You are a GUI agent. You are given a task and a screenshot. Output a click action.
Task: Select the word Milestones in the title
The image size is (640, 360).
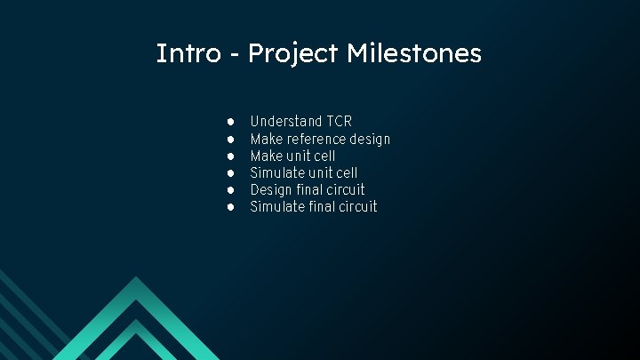[x=414, y=53]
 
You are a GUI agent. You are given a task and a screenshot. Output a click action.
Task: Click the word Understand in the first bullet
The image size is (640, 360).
[x=286, y=121]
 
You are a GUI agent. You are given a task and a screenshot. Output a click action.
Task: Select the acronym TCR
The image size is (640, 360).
[x=340, y=121]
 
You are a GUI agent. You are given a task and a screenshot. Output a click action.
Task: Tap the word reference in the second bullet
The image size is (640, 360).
[x=315, y=139]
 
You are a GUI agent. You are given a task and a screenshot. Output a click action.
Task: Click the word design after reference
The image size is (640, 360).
[x=370, y=139]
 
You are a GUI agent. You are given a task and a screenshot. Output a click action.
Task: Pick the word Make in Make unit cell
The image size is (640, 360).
[x=266, y=156]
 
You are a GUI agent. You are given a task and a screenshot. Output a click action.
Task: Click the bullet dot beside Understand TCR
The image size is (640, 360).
[x=230, y=121]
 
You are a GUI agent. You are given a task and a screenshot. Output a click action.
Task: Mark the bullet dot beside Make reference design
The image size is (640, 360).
[x=230, y=139]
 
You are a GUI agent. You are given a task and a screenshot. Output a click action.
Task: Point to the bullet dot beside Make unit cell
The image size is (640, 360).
[x=230, y=156]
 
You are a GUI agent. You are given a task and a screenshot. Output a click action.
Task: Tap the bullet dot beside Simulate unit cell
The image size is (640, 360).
[x=230, y=172]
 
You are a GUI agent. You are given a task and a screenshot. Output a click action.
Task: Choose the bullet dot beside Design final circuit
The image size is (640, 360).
[x=230, y=189]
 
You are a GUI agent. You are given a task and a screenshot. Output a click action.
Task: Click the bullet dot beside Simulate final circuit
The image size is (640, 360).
[x=230, y=206]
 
